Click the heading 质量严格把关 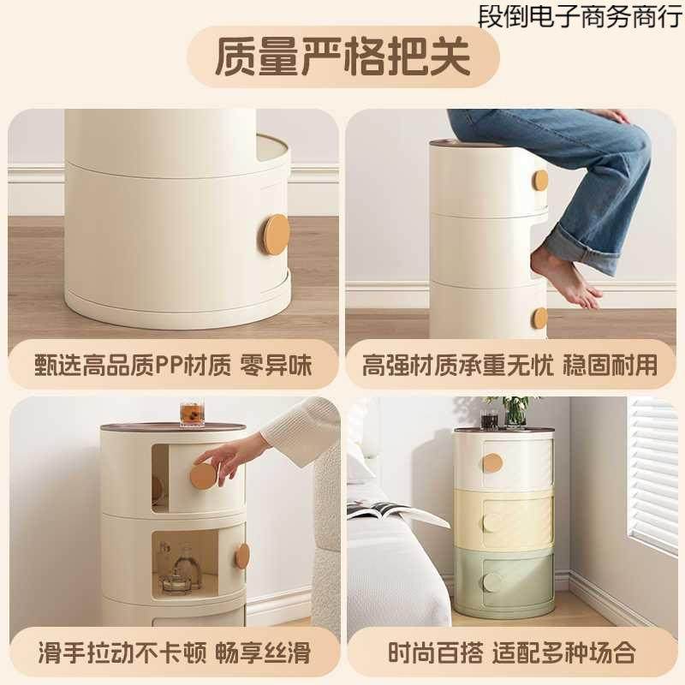point(342,56)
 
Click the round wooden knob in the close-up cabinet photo point(276,234)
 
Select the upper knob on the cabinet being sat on point(540,181)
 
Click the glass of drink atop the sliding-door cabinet point(189,414)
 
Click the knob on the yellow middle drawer point(493,521)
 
